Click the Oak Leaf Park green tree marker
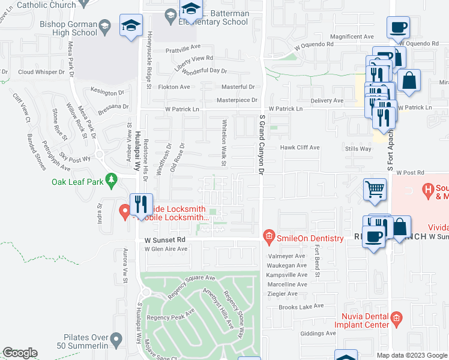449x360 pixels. (x=110, y=179)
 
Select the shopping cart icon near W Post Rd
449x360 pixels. (x=375, y=189)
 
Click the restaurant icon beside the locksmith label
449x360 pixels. (x=141, y=204)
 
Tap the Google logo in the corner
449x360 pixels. (x=20, y=353)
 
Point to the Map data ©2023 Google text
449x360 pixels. (x=411, y=355)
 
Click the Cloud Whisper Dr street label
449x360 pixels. (x=39, y=71)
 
